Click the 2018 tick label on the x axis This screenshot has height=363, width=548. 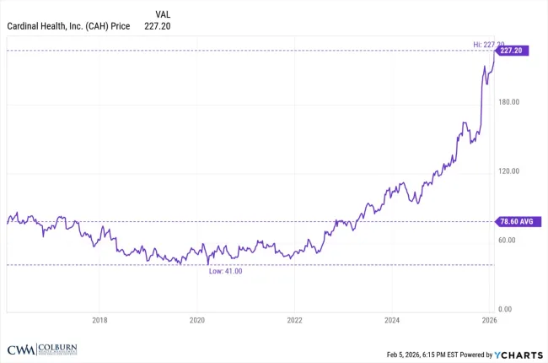pyautogui.click(x=99, y=320)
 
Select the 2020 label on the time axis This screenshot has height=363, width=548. pyautogui.click(x=197, y=320)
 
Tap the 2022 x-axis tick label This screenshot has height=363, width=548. pyautogui.click(x=294, y=320)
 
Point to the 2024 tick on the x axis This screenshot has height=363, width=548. pyautogui.click(x=392, y=320)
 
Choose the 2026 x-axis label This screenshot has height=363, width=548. pyautogui.click(x=489, y=320)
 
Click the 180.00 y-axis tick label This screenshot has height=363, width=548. pyautogui.click(x=509, y=102)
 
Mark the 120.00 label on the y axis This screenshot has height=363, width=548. pyautogui.click(x=509, y=171)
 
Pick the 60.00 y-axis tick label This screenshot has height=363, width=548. pyautogui.click(x=508, y=241)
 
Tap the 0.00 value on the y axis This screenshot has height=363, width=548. pyautogui.click(x=505, y=310)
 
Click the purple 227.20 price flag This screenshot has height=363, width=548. pyautogui.click(x=513, y=51)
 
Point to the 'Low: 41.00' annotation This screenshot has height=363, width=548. pyautogui.click(x=225, y=271)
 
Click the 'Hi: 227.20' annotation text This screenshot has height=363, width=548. pyautogui.click(x=486, y=44)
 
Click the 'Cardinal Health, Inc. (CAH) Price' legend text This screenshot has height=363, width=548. pyautogui.click(x=68, y=26)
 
